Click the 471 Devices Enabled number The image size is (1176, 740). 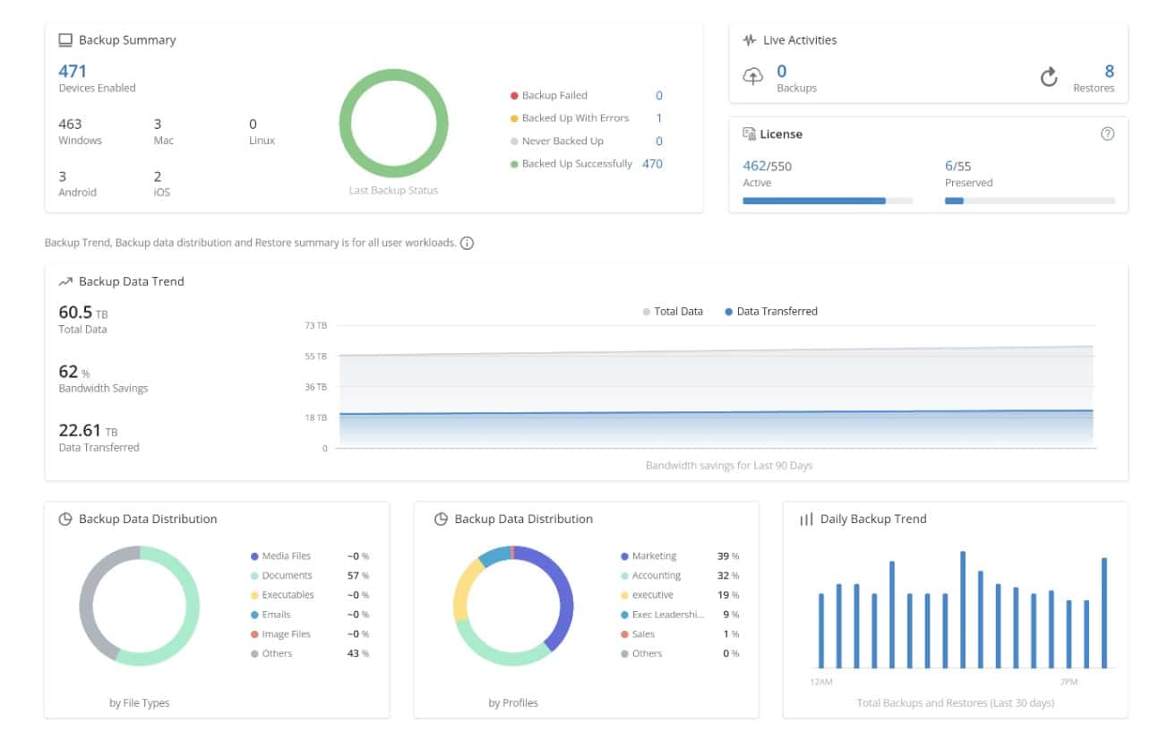[x=73, y=71]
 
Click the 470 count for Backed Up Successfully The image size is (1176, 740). [x=652, y=164]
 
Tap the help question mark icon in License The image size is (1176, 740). [x=1107, y=134]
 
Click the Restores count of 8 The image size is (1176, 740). [x=1109, y=72]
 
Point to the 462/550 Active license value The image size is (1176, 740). [x=767, y=166]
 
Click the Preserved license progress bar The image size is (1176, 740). [x=1029, y=201]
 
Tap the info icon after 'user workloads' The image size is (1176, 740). [x=467, y=243]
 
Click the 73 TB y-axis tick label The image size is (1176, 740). [x=316, y=326]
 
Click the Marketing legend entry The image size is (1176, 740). [x=653, y=556]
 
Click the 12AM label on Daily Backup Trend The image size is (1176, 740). [x=820, y=683]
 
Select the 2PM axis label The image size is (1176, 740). [x=1069, y=683]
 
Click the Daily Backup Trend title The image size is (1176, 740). [x=872, y=520]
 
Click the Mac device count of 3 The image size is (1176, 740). [x=158, y=125]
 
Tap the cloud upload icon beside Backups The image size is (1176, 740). [x=753, y=77]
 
